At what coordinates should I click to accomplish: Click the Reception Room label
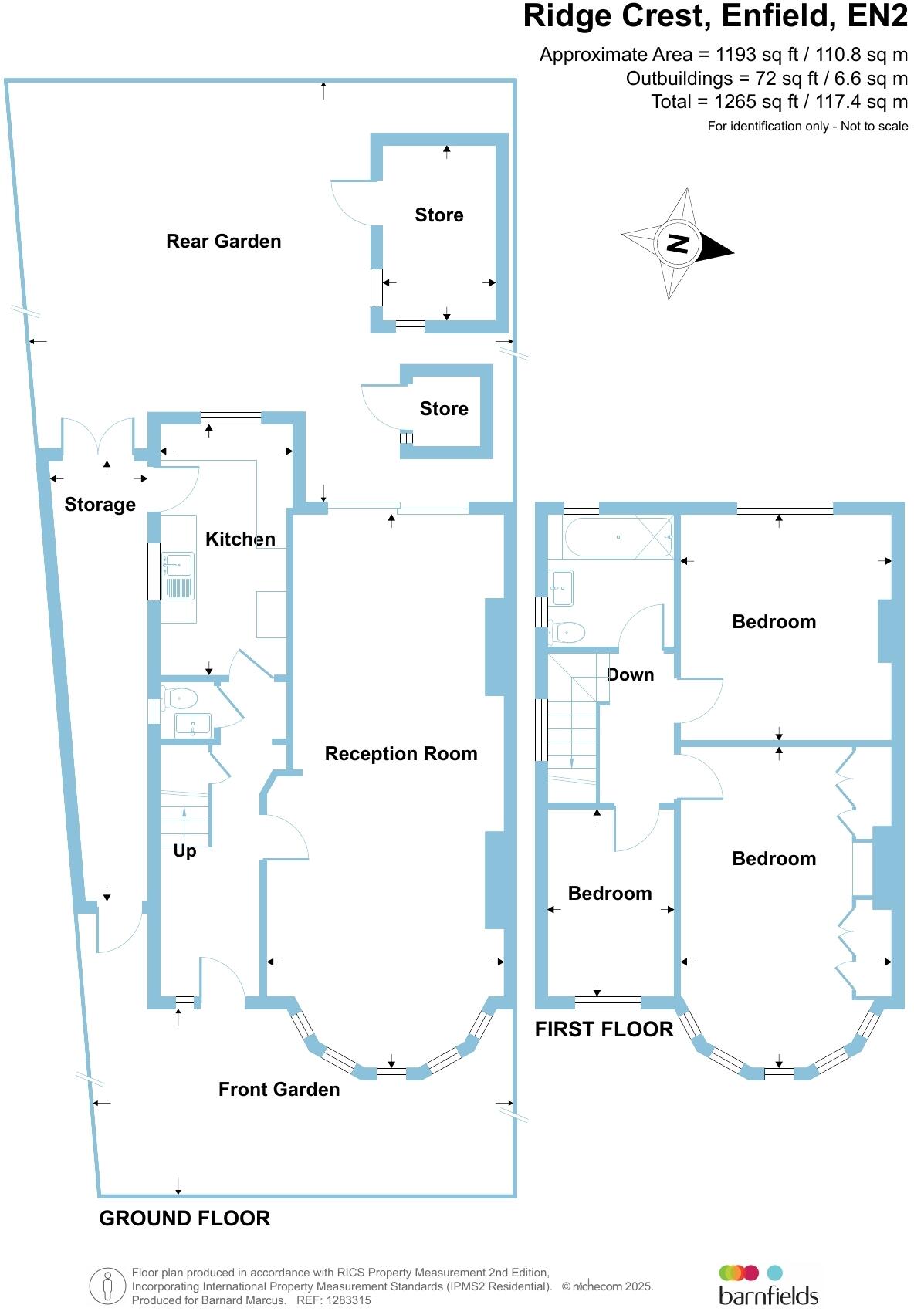coord(401,754)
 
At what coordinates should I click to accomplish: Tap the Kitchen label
coord(240,539)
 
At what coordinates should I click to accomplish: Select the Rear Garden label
coord(224,242)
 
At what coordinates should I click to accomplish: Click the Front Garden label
coord(279,1090)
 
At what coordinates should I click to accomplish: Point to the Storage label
coord(100,505)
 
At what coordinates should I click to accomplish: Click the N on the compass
coord(677,244)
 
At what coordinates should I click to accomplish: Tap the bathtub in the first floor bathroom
coord(618,537)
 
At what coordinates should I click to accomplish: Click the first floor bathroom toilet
coord(568,632)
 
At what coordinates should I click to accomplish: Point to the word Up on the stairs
coord(184,851)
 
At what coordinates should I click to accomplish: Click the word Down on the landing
coord(631,675)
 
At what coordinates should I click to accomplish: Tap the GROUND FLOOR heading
coord(184,1219)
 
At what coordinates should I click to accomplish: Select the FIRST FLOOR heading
coord(604,1029)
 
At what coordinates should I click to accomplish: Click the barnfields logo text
coord(768,1295)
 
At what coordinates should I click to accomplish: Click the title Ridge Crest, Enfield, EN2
coord(715,17)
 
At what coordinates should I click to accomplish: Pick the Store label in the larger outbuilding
coord(439,215)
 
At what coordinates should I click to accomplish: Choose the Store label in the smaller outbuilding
coord(444,409)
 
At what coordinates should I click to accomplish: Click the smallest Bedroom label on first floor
coord(610,894)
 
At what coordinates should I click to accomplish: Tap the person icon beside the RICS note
coord(107,1286)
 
